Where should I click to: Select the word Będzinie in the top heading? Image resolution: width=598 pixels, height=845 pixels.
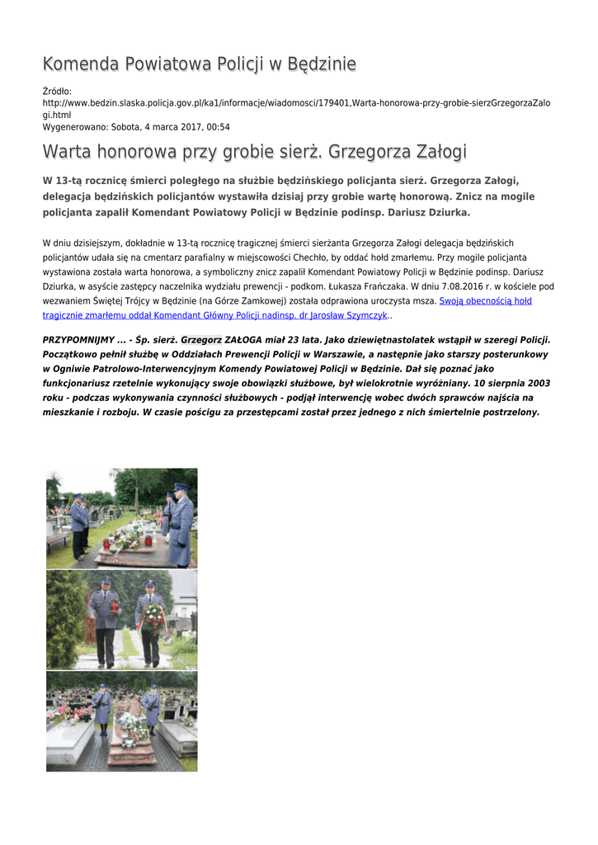[318, 64]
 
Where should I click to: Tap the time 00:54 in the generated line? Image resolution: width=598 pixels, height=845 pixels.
[217, 127]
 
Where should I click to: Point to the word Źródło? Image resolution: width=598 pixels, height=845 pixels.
[57, 91]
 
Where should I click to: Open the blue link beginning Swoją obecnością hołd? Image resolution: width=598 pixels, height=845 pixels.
[485, 301]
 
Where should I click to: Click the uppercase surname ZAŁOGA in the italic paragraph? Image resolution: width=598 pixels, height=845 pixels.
[247, 340]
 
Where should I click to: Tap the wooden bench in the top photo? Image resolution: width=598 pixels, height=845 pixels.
[58, 539]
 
